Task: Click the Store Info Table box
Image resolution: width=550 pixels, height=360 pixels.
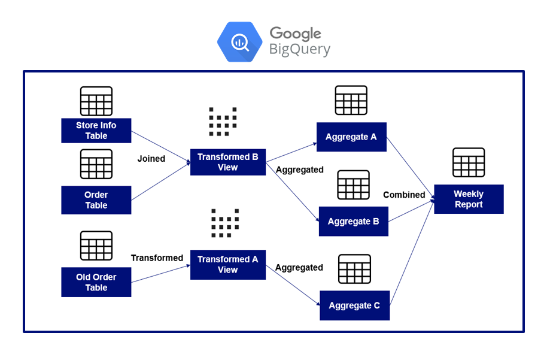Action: click(96, 131)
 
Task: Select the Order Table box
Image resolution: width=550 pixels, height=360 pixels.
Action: click(96, 200)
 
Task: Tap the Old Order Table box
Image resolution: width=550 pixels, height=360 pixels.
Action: click(96, 282)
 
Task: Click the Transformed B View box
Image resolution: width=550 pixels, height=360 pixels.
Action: click(227, 162)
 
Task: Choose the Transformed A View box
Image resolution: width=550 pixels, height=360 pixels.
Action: click(227, 265)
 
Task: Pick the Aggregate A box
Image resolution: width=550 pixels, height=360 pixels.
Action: click(351, 137)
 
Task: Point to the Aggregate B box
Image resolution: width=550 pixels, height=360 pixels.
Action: click(353, 222)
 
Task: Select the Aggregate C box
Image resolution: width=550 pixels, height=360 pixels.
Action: click(354, 306)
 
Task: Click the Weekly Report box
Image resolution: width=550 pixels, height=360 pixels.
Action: click(469, 199)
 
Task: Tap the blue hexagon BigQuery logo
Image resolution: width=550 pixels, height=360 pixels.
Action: click(239, 42)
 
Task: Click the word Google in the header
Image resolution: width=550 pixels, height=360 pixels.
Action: click(295, 33)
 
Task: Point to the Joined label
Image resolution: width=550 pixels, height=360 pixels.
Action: click(151, 159)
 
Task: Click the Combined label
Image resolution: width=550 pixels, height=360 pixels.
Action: click(404, 195)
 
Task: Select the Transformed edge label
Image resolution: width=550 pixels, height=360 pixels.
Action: click(157, 258)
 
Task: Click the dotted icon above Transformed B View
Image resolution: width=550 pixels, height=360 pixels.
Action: click(223, 122)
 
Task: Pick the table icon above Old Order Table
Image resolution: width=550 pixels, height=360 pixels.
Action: click(96, 246)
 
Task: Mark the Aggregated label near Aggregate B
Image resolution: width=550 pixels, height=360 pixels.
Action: click(299, 170)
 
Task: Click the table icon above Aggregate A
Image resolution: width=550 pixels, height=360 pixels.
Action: click(351, 101)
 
